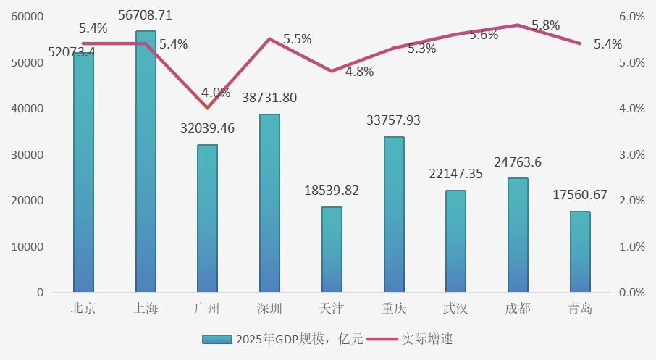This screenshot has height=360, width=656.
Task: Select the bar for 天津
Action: pyautogui.click(x=332, y=249)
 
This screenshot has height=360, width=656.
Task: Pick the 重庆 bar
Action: pyautogui.click(x=394, y=214)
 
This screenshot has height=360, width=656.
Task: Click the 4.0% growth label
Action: pyautogui.click(x=216, y=93)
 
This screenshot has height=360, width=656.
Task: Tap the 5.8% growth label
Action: pyautogui.click(x=545, y=25)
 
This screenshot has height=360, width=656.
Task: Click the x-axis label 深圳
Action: pyautogui.click(x=269, y=309)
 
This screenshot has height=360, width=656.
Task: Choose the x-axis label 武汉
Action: pyautogui.click(x=455, y=309)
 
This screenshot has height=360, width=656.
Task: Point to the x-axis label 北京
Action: pyautogui.click(x=83, y=309)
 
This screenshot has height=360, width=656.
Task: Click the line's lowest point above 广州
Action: pyautogui.click(x=208, y=108)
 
